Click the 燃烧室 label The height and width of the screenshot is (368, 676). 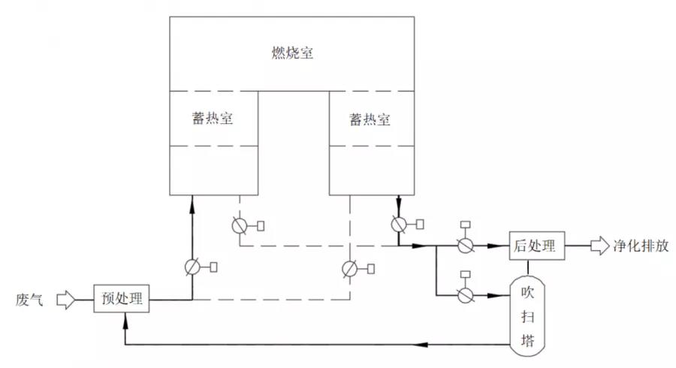click(292, 54)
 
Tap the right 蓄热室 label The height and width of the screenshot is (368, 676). click(370, 119)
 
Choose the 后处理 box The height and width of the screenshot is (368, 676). click(536, 246)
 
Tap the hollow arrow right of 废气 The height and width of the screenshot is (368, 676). click(67, 300)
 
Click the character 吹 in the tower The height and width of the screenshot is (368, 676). click(528, 291)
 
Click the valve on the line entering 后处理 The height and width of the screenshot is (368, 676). click(465, 246)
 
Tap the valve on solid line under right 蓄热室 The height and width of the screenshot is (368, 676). click(399, 224)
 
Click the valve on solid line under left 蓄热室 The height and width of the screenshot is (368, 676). click(192, 266)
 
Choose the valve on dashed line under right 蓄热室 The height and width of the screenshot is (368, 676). click(349, 267)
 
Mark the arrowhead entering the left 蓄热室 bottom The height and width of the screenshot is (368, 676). click(192, 199)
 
